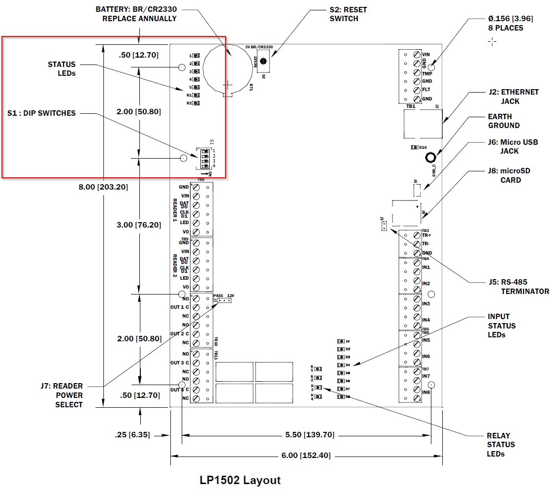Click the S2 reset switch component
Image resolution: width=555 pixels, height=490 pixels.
(264, 62)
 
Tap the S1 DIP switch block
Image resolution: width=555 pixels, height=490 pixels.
(203, 159)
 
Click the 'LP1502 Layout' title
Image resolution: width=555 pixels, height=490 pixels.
(240, 480)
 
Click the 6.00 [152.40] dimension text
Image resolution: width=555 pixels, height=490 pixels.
(306, 455)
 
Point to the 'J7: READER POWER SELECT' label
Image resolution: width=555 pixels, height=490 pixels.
(62, 395)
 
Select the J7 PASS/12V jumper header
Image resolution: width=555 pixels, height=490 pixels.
(224, 300)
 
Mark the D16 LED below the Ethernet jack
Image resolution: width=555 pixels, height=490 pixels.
(415, 147)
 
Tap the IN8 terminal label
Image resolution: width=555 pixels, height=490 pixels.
(426, 392)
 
